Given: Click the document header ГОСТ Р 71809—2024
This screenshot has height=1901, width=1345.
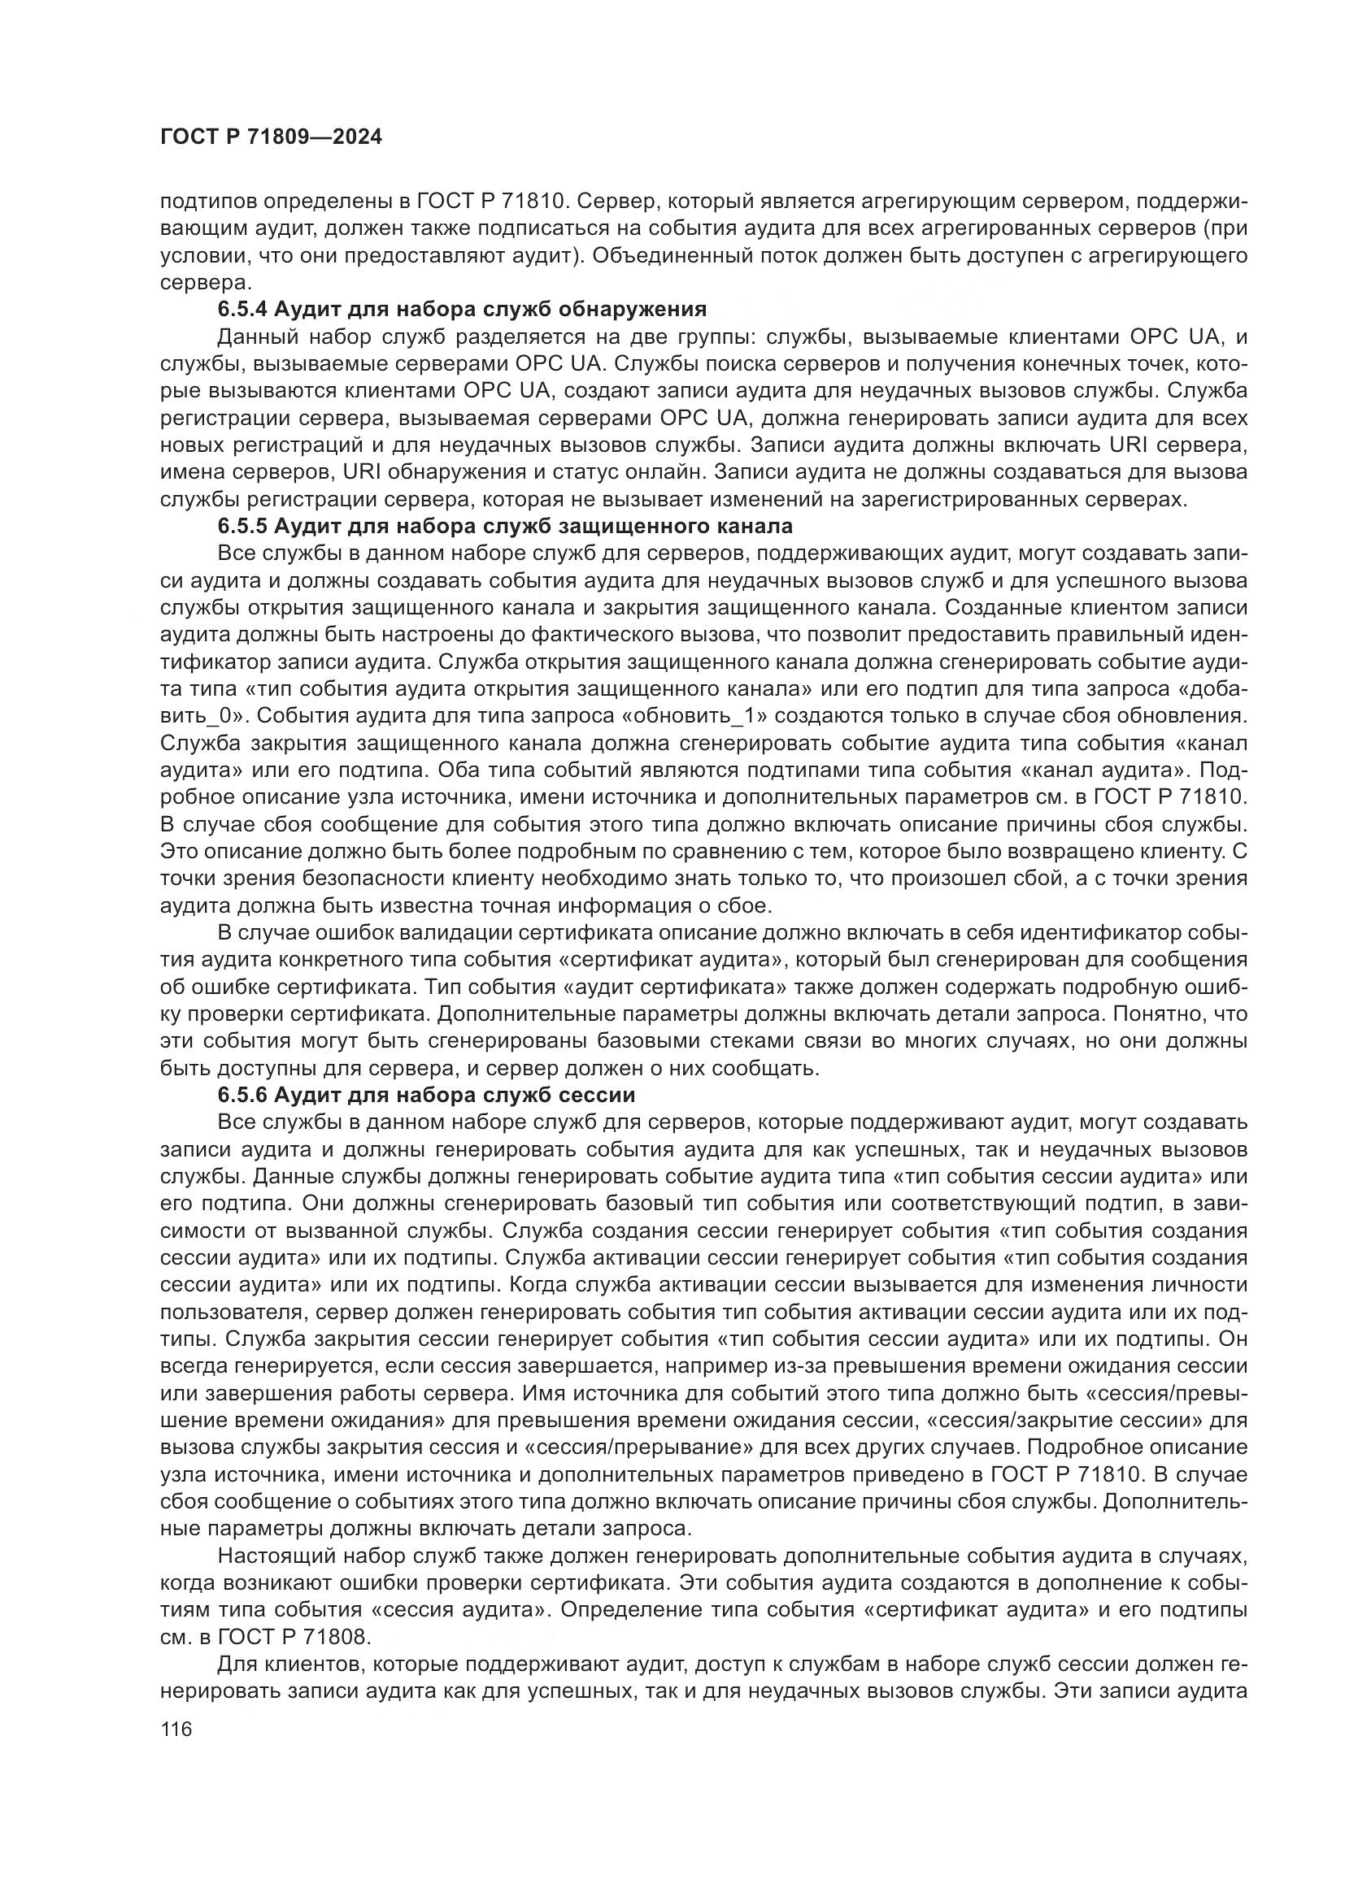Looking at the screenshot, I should coord(271,137).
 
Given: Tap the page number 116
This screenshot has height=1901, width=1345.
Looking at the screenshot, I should coord(176,1729).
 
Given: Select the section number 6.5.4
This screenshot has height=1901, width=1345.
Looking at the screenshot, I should coord(242,310).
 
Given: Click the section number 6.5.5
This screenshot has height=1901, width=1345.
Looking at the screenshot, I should coord(242,527).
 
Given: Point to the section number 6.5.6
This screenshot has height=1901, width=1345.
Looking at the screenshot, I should coord(242,1096).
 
